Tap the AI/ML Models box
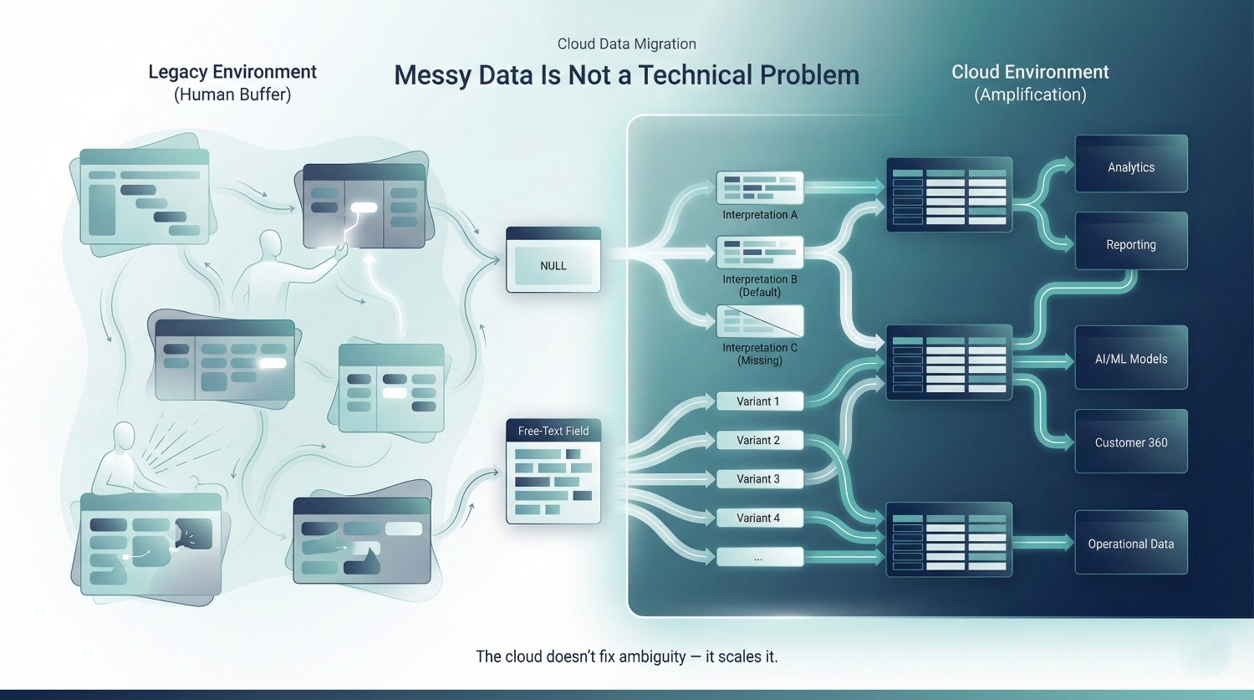(1130, 358)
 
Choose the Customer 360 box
(1130, 442)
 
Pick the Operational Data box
(1130, 543)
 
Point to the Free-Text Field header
(553, 431)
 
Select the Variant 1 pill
(758, 401)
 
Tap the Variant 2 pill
(758, 440)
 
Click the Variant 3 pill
(758, 478)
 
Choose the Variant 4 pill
(758, 518)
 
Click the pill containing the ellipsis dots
(758, 556)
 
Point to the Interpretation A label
(760, 215)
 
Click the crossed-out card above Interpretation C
(760, 321)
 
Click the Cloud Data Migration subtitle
(626, 44)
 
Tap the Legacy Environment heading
(232, 72)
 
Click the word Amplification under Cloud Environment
(1030, 95)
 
